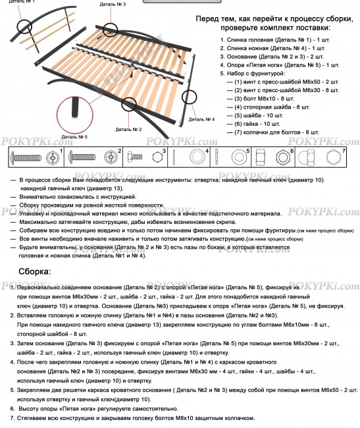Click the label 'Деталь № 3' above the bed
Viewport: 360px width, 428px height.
click(113, 4)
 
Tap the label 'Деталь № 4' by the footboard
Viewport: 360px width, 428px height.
click(201, 119)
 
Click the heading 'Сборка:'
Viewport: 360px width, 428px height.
click(34, 271)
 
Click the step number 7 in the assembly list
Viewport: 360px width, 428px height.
click(13, 418)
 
